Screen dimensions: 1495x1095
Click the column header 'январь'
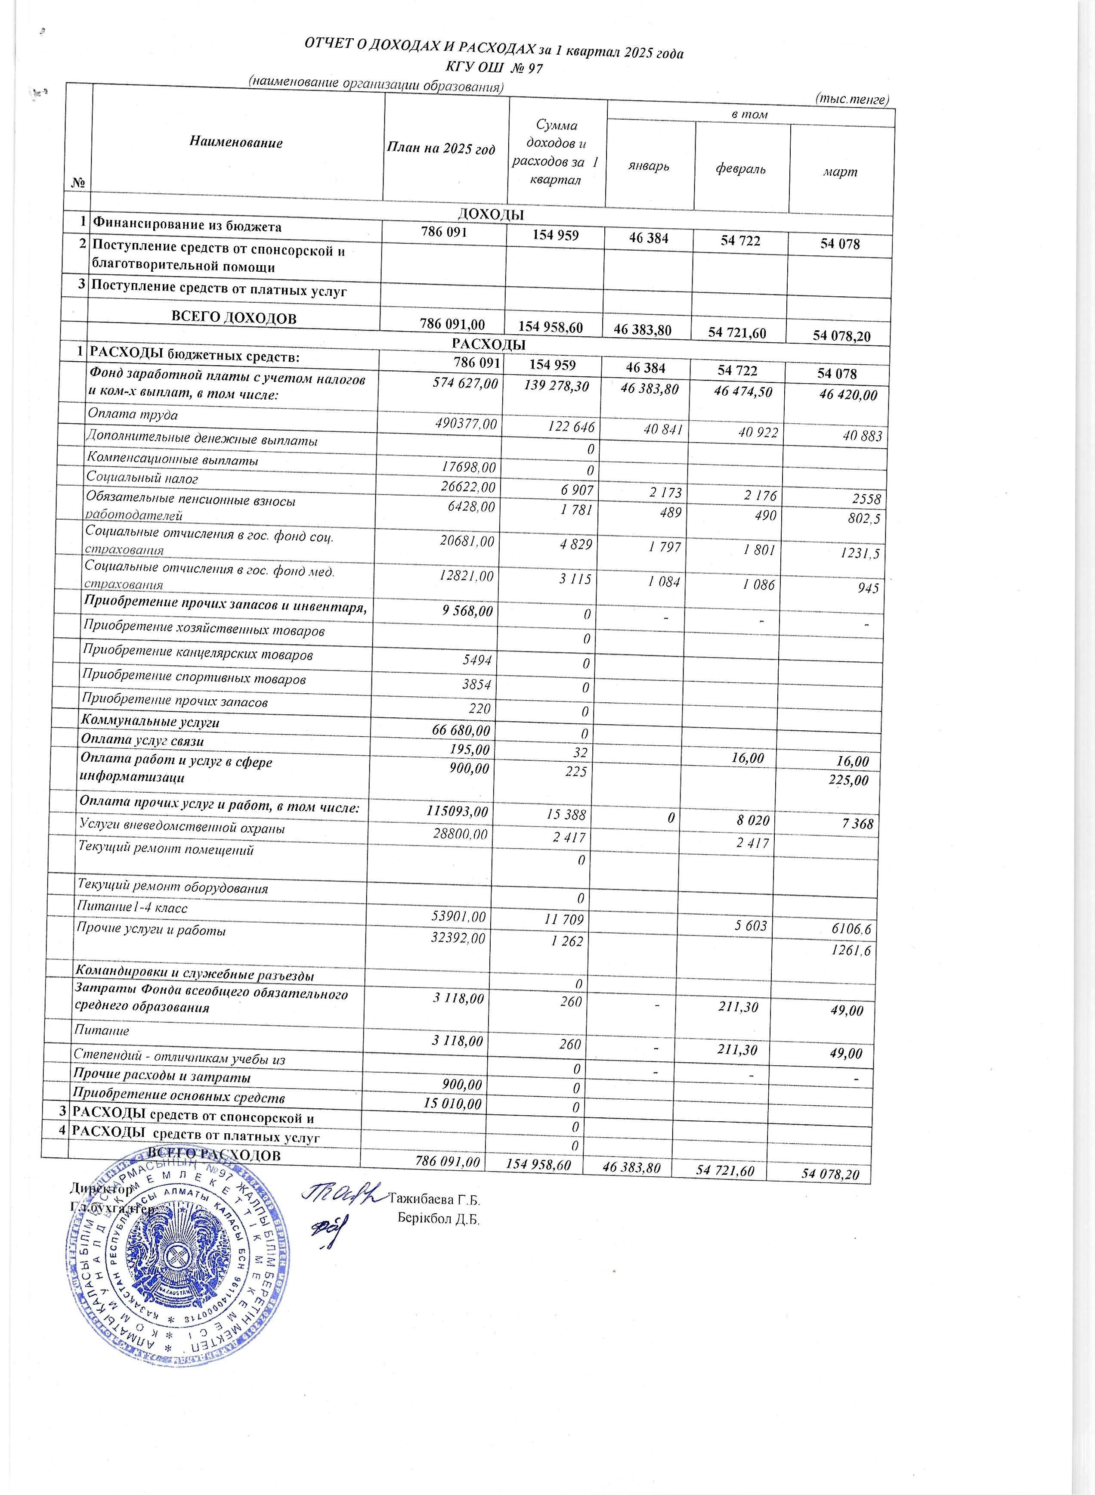pyautogui.click(x=649, y=166)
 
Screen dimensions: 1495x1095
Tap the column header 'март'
pyautogui.click(x=840, y=172)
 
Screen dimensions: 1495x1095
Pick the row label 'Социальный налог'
pyautogui.click(x=142, y=478)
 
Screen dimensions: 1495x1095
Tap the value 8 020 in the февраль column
pyautogui.click(x=752, y=821)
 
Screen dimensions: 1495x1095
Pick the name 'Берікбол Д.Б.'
pyautogui.click(x=438, y=1218)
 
